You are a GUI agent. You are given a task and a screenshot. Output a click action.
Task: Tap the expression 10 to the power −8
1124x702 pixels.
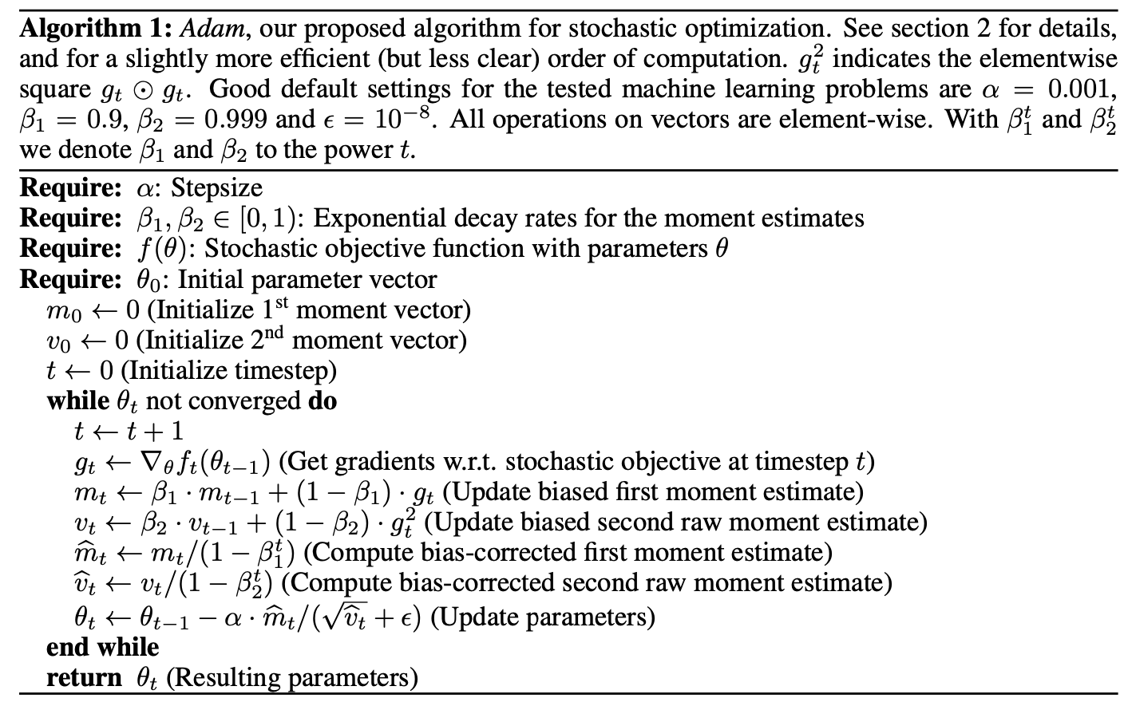tap(397, 117)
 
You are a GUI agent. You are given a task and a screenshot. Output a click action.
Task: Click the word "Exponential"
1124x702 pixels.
tap(376, 219)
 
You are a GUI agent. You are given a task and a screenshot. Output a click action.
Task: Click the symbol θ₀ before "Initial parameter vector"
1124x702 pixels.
tap(152, 281)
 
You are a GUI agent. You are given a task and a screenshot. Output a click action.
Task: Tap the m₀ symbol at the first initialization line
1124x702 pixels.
tap(64, 312)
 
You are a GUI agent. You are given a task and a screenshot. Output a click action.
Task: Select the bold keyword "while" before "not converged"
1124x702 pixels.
tap(77, 400)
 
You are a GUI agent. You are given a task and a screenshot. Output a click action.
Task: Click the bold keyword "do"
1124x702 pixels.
tap(323, 400)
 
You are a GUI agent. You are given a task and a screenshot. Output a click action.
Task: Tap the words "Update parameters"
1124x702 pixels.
tap(543, 617)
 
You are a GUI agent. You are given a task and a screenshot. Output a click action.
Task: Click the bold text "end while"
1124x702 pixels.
tap(103, 647)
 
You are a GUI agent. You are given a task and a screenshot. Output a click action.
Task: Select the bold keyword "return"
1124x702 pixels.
tap(84, 677)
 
